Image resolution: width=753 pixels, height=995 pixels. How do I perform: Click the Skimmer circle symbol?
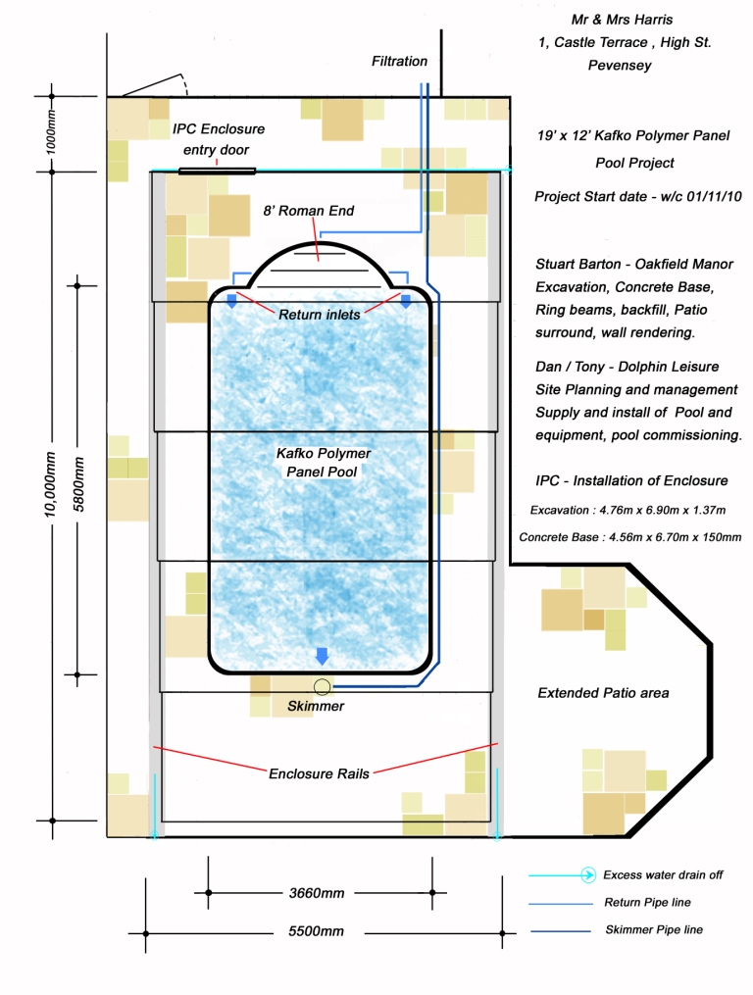321,686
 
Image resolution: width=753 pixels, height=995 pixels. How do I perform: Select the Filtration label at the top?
399,61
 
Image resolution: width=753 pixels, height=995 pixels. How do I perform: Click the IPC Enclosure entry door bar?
217,172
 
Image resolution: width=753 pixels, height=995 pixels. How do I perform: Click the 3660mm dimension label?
317,893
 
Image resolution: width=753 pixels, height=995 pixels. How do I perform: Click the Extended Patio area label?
603,693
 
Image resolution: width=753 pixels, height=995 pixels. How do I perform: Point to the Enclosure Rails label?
319,773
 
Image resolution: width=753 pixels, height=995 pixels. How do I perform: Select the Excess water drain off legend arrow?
586,874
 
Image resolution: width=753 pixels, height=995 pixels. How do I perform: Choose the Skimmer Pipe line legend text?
653,929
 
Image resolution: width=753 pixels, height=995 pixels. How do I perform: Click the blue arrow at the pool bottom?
321,656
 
